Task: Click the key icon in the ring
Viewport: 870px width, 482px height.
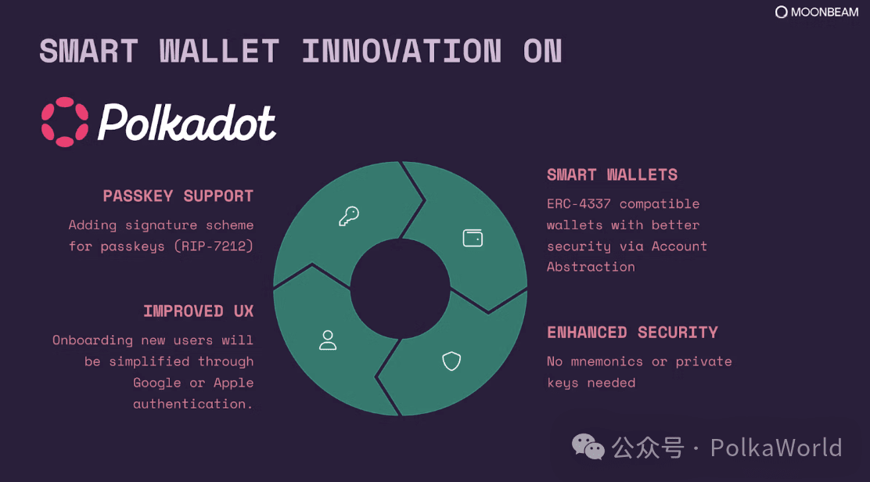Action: pyautogui.click(x=349, y=216)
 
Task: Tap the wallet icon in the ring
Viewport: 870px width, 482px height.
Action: pyautogui.click(x=473, y=238)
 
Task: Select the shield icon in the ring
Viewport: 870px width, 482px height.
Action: pyautogui.click(x=451, y=361)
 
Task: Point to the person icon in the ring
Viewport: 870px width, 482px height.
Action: pyautogui.click(x=328, y=340)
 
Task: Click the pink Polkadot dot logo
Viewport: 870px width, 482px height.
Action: pyautogui.click(x=65, y=122)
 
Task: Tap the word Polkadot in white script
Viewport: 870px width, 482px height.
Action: pyautogui.click(x=187, y=123)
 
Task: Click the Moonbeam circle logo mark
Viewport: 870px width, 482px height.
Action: pyautogui.click(x=782, y=13)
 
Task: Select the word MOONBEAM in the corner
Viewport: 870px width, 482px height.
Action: pyautogui.click(x=825, y=13)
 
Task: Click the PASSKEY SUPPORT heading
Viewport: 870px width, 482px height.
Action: pyautogui.click(x=178, y=196)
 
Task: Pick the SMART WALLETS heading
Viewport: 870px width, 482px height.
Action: pyautogui.click(x=612, y=174)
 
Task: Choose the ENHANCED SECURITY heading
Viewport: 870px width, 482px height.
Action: pyautogui.click(x=632, y=333)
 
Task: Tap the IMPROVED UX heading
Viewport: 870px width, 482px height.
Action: pyautogui.click(x=199, y=311)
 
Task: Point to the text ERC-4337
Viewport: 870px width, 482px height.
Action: pyautogui.click(x=579, y=203)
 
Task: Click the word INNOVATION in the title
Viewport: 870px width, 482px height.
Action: pyautogui.click(x=401, y=51)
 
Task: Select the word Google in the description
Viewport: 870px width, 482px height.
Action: pyautogui.click(x=157, y=383)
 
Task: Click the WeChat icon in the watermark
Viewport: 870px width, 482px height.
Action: pyautogui.click(x=588, y=447)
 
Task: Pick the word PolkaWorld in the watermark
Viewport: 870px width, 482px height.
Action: pyautogui.click(x=776, y=448)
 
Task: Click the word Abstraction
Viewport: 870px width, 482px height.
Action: pyautogui.click(x=591, y=267)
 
